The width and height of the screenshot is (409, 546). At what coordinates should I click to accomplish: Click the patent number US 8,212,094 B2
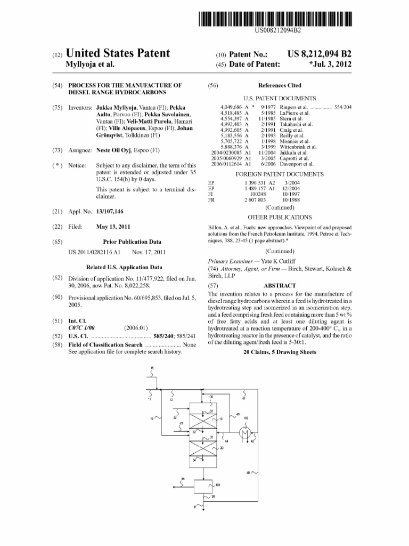click(x=319, y=54)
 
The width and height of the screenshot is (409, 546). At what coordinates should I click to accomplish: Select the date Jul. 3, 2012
click(x=330, y=65)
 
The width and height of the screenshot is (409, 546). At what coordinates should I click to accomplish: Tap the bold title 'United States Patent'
click(x=117, y=54)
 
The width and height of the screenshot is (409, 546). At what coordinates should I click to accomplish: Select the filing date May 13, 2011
click(x=113, y=227)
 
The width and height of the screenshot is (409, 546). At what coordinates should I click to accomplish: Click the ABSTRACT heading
click(x=280, y=285)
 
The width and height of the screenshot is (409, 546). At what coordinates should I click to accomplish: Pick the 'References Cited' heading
click(x=279, y=85)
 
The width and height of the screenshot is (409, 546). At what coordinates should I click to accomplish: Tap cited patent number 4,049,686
click(x=231, y=107)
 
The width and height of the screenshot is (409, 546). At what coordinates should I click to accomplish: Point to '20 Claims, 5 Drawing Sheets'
click(x=280, y=352)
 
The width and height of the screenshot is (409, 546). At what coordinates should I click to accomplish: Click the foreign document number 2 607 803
click(x=255, y=200)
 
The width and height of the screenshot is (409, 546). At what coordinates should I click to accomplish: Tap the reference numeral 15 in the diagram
click(x=152, y=368)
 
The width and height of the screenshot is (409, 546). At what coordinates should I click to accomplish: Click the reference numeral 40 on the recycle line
click(x=248, y=472)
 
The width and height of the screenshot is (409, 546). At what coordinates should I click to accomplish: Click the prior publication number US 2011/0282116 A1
click(x=95, y=252)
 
